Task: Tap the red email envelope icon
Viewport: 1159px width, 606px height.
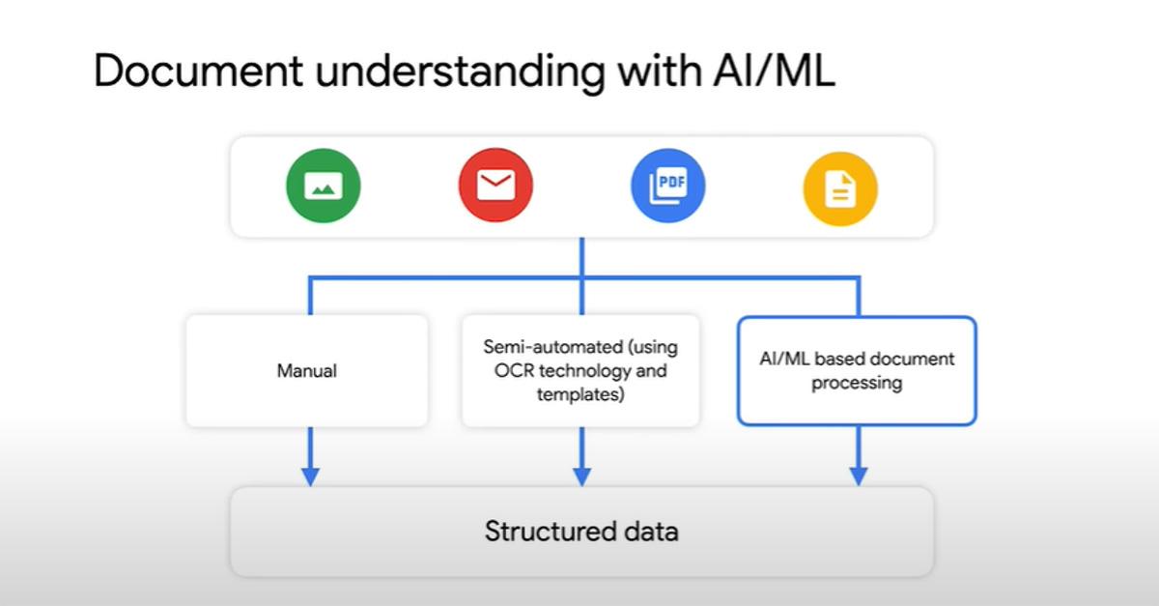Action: coord(495,186)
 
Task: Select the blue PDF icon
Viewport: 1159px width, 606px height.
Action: coord(668,186)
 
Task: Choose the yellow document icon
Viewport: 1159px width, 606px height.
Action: coord(840,189)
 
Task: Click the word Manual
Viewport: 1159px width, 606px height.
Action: coord(306,370)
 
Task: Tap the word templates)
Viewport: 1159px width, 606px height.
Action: coord(580,395)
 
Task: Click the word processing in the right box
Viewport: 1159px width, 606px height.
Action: coord(857,383)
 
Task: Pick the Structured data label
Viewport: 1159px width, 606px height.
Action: coord(581,532)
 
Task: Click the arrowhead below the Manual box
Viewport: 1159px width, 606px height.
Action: coord(309,476)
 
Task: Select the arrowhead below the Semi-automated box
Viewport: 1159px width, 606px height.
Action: coord(581,476)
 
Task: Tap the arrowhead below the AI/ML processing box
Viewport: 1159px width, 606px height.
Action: coord(858,476)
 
